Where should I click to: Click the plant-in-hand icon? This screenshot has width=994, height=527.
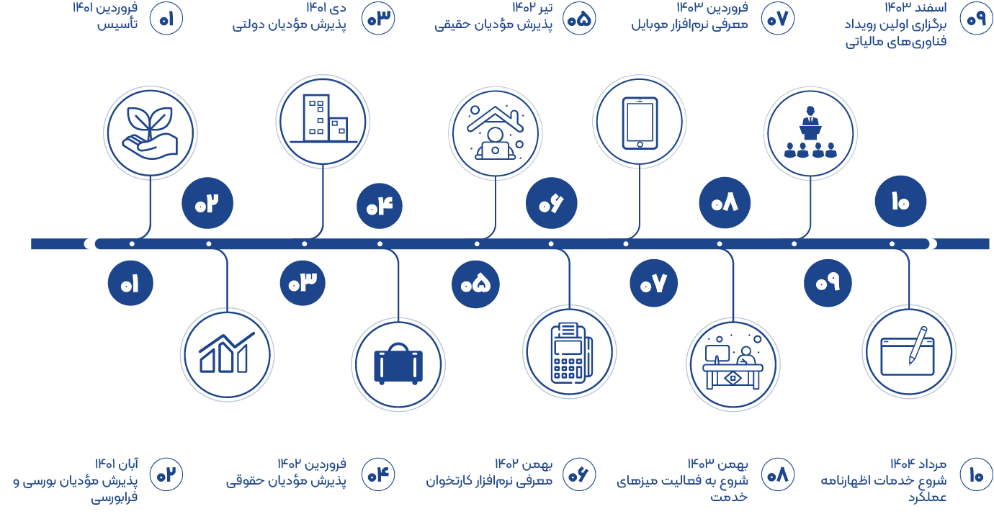pos(150,132)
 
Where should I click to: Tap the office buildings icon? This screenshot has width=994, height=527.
pos(323,119)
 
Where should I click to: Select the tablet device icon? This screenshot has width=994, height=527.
pos(640,123)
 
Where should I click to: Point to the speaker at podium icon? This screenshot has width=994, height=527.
pos(810,132)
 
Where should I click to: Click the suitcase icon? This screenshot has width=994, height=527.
pos(398,364)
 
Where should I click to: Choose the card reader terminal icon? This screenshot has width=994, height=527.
pos(571,353)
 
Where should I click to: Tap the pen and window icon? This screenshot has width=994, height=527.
pos(908,351)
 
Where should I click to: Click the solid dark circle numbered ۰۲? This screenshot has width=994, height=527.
pos(207,203)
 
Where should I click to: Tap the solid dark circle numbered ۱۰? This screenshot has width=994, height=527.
pos(900,202)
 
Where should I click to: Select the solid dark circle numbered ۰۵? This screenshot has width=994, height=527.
pos(475,284)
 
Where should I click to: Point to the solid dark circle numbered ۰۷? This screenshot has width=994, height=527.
pos(653,283)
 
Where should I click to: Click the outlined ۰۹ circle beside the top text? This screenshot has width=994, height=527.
pos(976,19)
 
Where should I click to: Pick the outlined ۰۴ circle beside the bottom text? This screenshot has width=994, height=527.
pos(378,474)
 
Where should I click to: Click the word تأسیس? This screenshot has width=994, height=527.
pos(117,23)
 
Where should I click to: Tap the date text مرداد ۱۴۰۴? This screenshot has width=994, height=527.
pos(918,464)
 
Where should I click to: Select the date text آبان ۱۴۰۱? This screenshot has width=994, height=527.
pos(116,464)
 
